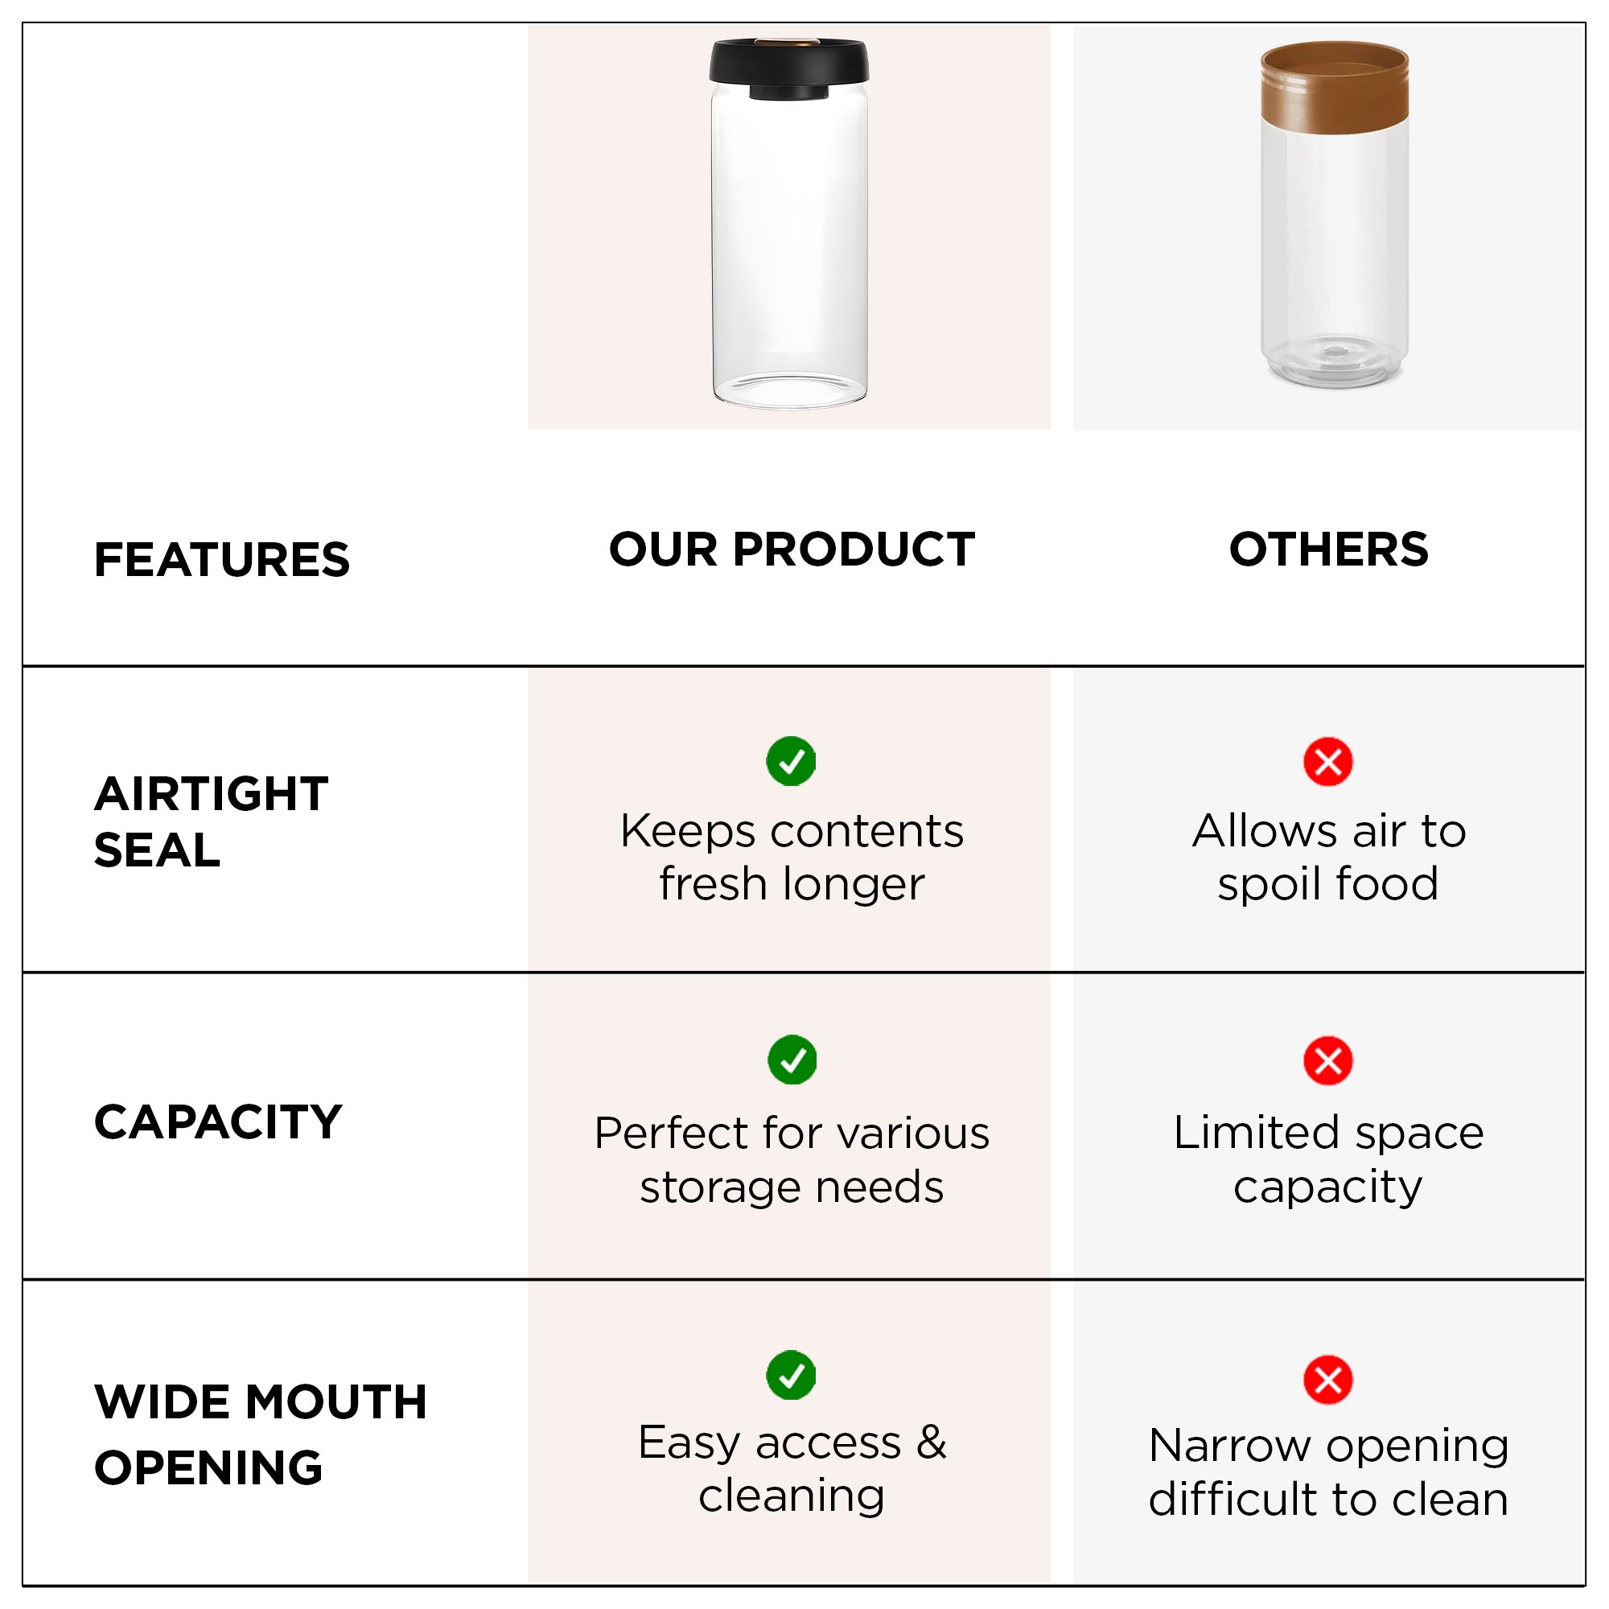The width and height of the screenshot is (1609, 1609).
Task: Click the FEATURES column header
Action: pyautogui.click(x=221, y=560)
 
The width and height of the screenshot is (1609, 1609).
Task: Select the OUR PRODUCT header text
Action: pyautogui.click(x=792, y=549)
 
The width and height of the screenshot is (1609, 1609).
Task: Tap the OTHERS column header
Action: pyautogui.click(x=1328, y=549)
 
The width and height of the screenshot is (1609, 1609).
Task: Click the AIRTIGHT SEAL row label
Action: pyautogui.click(x=211, y=822)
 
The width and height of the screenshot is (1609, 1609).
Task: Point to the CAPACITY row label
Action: pyautogui.click(x=218, y=1121)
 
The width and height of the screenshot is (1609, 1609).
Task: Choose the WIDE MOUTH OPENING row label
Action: pyautogui.click(x=261, y=1434)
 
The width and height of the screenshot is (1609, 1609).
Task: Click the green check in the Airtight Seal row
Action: pyautogui.click(x=790, y=761)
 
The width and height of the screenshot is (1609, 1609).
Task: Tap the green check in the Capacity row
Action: pyautogui.click(x=792, y=1060)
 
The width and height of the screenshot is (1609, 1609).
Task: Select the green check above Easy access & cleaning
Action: pyautogui.click(x=790, y=1376)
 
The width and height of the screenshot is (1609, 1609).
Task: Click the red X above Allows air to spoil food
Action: pyautogui.click(x=1328, y=761)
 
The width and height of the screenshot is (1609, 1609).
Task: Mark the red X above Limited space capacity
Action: pyautogui.click(x=1328, y=1061)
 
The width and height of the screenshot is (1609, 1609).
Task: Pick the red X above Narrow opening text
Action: pyautogui.click(x=1328, y=1380)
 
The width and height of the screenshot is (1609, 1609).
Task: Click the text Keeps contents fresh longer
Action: pyautogui.click(x=792, y=858)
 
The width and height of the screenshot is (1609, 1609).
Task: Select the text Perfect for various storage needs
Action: pyautogui.click(x=792, y=1160)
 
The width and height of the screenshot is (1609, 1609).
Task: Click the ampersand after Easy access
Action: pyautogui.click(x=931, y=1443)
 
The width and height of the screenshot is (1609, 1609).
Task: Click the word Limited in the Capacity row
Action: pyautogui.click(x=1255, y=1134)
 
